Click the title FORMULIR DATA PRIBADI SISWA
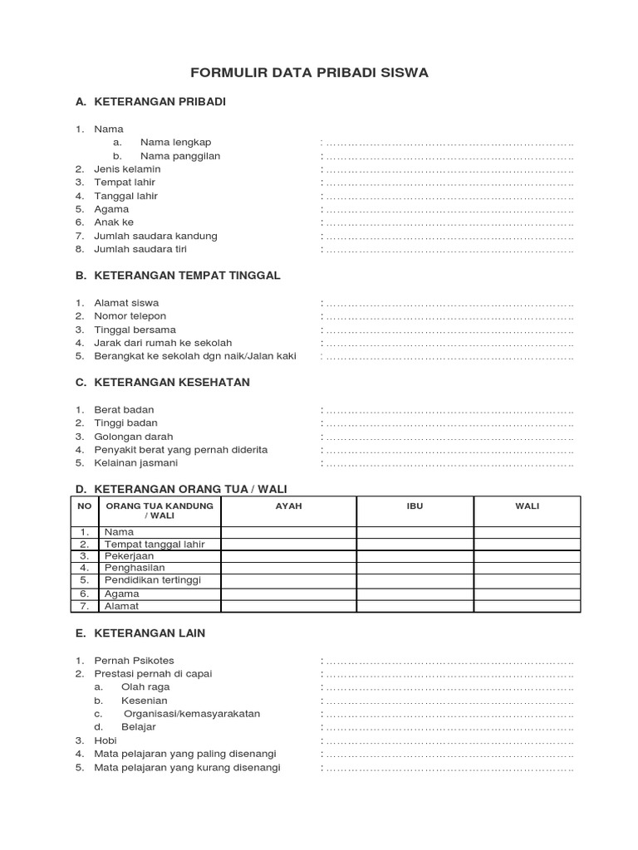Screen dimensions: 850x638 [309, 73]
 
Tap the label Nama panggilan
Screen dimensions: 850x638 [180, 155]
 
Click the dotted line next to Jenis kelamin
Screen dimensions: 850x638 [449, 169]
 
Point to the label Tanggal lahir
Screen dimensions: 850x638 [125, 196]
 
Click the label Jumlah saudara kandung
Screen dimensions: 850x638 [155, 236]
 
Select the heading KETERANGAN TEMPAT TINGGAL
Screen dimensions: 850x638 [187, 275]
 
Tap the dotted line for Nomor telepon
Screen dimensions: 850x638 [449, 316]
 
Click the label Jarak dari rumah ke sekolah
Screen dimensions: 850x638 [163, 343]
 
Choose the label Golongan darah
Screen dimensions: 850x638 [134, 436]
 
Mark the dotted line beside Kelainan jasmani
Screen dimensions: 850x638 [449, 463]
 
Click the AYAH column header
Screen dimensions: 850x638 [288, 506]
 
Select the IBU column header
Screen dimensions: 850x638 [415, 506]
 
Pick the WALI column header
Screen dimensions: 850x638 [527, 506]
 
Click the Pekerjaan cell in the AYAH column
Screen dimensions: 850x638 [288, 556]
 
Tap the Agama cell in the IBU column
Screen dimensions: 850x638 [415, 594]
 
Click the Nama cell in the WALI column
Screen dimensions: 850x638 [527, 531]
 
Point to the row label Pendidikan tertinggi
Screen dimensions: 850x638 [152, 580]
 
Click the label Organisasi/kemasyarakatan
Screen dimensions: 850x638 [192, 714]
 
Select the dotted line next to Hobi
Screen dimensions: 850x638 [449, 740]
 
